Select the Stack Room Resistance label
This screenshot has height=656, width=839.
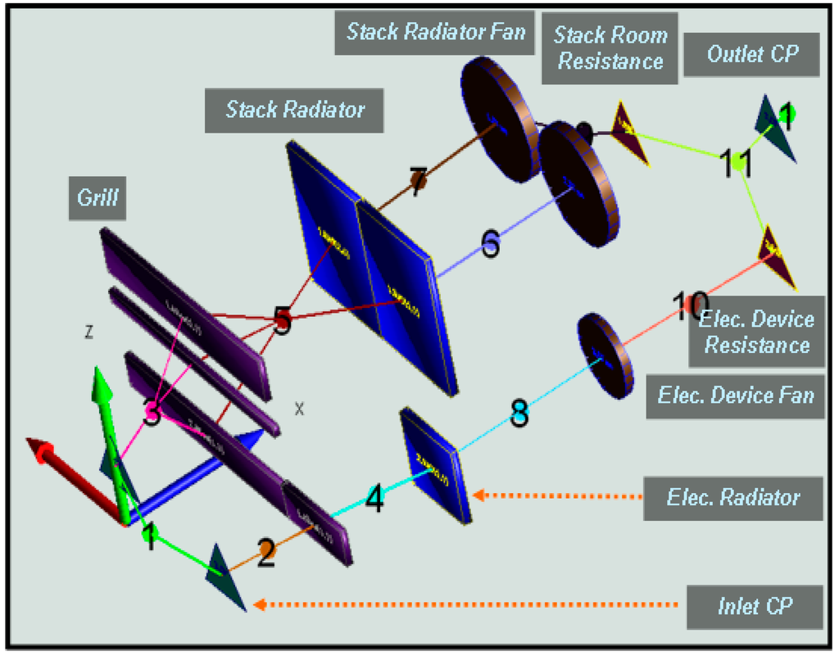point(610,48)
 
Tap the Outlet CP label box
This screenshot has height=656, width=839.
point(751,55)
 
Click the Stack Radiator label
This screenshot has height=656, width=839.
point(295,109)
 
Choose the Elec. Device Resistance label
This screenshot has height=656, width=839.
point(756,332)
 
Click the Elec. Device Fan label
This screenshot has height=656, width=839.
point(735,396)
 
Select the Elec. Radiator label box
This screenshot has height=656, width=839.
point(732,496)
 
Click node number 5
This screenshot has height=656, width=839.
point(282,319)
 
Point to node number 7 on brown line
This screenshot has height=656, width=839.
point(418,179)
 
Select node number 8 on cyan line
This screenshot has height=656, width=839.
point(519,414)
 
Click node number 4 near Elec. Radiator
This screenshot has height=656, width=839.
point(374,499)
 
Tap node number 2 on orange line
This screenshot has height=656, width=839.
point(266,556)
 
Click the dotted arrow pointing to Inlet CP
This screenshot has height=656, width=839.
point(467,605)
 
